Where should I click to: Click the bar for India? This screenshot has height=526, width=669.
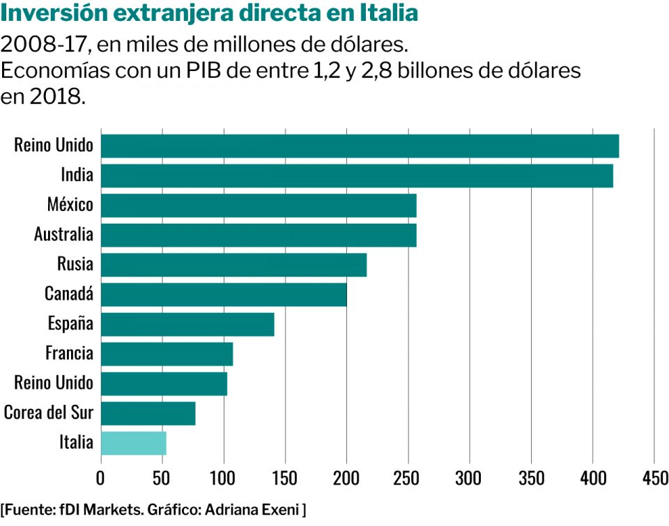pyautogui.click(x=357, y=176)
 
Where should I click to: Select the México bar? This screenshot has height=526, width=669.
pyautogui.click(x=259, y=206)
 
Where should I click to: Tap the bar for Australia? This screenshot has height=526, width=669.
pyautogui.click(x=259, y=235)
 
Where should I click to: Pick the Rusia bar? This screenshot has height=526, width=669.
pyautogui.click(x=233, y=265)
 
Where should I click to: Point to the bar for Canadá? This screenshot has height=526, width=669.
pyautogui.click(x=224, y=295)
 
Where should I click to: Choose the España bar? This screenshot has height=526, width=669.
pyautogui.click(x=187, y=324)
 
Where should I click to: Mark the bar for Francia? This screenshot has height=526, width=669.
pyautogui.click(x=167, y=354)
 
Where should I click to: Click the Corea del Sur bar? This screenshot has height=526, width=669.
pyautogui.click(x=148, y=413)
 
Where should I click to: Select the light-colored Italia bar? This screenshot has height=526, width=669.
pyautogui.click(x=133, y=443)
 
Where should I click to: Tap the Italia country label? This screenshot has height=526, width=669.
pyautogui.click(x=76, y=442)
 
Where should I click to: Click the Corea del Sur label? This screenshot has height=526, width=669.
pyautogui.click(x=49, y=412)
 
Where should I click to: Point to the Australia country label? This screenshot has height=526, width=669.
pyautogui.click(x=63, y=234)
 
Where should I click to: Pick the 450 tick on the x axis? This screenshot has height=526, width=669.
pyautogui.click(x=654, y=479)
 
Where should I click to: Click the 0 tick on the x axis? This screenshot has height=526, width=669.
pyautogui.click(x=101, y=479)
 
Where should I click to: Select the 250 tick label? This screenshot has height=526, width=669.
pyautogui.click(x=408, y=479)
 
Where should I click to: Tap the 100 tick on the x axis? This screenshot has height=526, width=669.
pyautogui.click(x=224, y=479)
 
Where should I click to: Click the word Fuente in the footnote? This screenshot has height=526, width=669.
pyautogui.click(x=31, y=510)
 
